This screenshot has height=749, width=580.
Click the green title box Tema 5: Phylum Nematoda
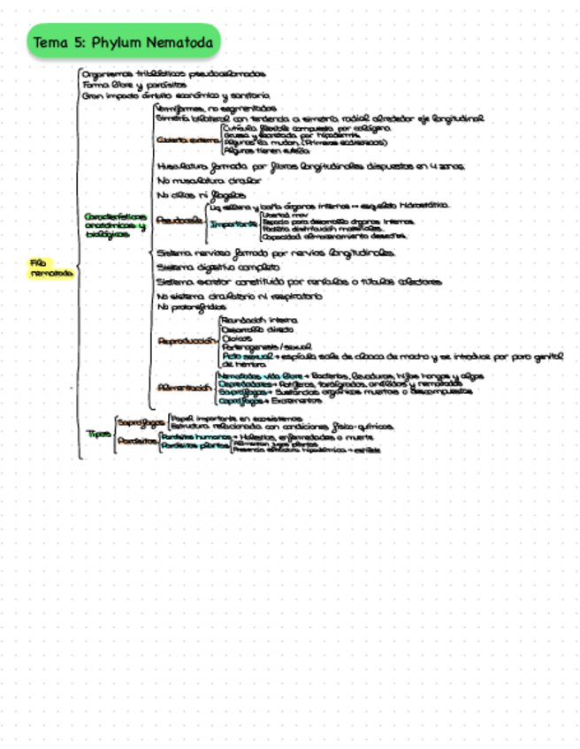click(124, 42)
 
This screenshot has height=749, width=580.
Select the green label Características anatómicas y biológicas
click(114, 225)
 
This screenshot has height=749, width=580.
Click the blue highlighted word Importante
click(233, 224)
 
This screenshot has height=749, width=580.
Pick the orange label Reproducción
click(185, 340)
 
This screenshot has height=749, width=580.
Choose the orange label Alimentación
click(185, 388)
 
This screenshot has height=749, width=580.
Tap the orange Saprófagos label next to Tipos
click(141, 422)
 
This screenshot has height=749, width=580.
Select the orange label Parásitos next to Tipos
click(136, 441)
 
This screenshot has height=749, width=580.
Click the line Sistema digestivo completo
click(210, 267)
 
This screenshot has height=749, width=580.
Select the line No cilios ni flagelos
click(190, 194)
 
